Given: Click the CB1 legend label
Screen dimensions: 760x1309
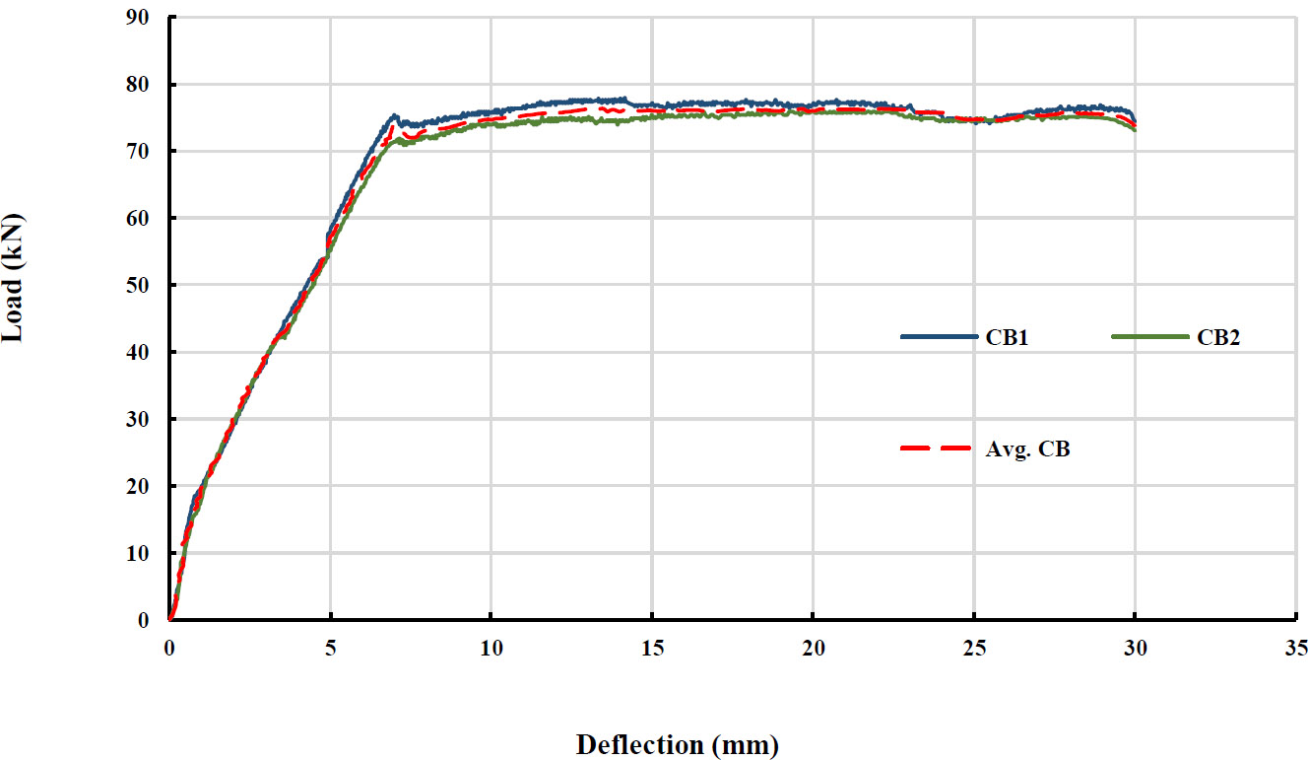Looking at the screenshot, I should click(1009, 336).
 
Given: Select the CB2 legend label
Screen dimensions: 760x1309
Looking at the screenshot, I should click(1218, 336).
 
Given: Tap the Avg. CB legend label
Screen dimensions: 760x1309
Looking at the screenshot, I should click(1027, 449).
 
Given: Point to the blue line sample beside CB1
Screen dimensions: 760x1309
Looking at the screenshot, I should click(939, 336).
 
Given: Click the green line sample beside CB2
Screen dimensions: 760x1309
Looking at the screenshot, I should click(1150, 336).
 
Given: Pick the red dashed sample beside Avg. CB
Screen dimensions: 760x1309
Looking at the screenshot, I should click(939, 449).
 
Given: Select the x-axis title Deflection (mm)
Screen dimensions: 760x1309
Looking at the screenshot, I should click(677, 744).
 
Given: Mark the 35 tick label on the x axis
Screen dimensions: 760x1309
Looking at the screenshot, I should click(1295, 648).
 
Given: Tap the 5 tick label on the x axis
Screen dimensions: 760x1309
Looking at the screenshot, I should click(331, 648).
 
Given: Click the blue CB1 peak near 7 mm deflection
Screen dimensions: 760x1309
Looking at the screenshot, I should click(394, 116).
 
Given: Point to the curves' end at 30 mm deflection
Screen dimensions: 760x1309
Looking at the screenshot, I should click(1135, 124).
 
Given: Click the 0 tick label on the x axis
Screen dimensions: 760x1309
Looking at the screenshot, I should click(169, 648).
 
